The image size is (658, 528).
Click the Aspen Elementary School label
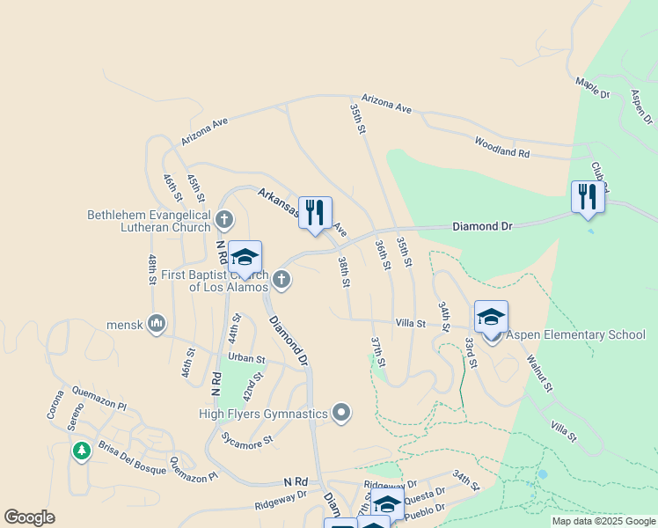574,335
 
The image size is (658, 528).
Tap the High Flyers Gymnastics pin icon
342,413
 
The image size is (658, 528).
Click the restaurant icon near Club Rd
588,197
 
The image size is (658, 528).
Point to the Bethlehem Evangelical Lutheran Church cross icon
224,219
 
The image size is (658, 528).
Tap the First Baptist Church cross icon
281,280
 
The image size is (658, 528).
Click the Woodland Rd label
502,147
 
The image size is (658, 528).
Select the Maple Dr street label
592,87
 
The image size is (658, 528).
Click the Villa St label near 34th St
410,324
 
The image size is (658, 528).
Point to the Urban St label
246,359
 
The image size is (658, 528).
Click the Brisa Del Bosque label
132,458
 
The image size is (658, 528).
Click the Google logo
29,517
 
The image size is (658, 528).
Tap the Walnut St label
538,374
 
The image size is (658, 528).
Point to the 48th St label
152,269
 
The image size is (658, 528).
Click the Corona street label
55,403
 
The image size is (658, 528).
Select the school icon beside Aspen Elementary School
491,318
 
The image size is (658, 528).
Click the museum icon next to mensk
157,324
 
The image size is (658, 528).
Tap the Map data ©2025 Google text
603,521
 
